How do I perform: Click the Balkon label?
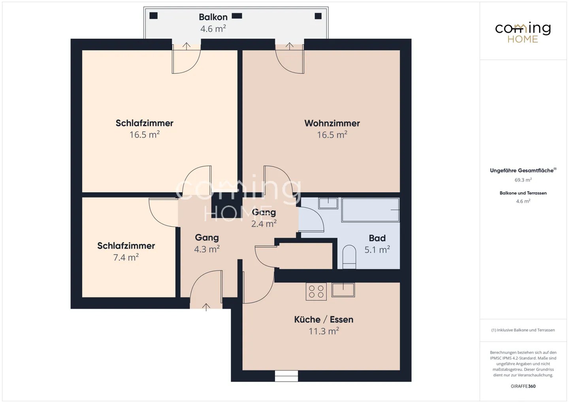[x=213, y=17]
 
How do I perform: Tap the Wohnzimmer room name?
[x=332, y=123]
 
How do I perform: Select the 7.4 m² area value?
[x=126, y=257]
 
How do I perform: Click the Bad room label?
[x=377, y=238]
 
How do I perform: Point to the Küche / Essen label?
[x=324, y=320]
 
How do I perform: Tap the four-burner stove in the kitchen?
[x=316, y=292]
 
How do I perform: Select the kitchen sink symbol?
[x=343, y=290]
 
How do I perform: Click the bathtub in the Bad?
[x=370, y=210]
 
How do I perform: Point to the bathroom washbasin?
[x=328, y=203]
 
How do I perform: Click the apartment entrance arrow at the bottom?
[x=206, y=307]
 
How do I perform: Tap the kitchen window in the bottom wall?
[x=286, y=376]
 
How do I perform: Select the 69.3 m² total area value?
[x=523, y=180]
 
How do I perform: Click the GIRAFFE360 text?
[x=523, y=386]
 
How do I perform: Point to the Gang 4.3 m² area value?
[x=207, y=249]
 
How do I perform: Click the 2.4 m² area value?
[x=264, y=224]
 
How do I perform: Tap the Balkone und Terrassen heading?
[x=523, y=193]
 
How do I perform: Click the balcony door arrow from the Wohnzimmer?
[x=289, y=46]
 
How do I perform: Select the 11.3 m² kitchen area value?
[x=324, y=331]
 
